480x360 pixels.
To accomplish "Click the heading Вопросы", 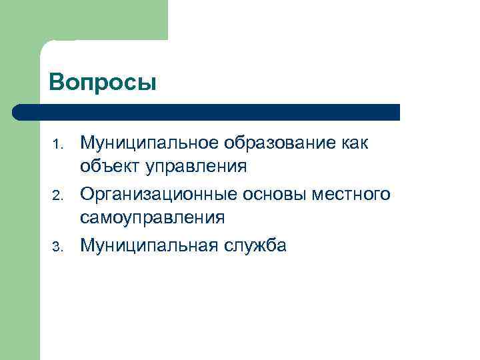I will [103, 83].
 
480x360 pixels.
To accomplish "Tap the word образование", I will [279, 143].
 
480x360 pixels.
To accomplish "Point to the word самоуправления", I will [152, 217].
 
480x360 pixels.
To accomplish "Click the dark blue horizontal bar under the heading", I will [207, 112].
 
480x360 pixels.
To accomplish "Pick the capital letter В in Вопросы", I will [56, 83].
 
